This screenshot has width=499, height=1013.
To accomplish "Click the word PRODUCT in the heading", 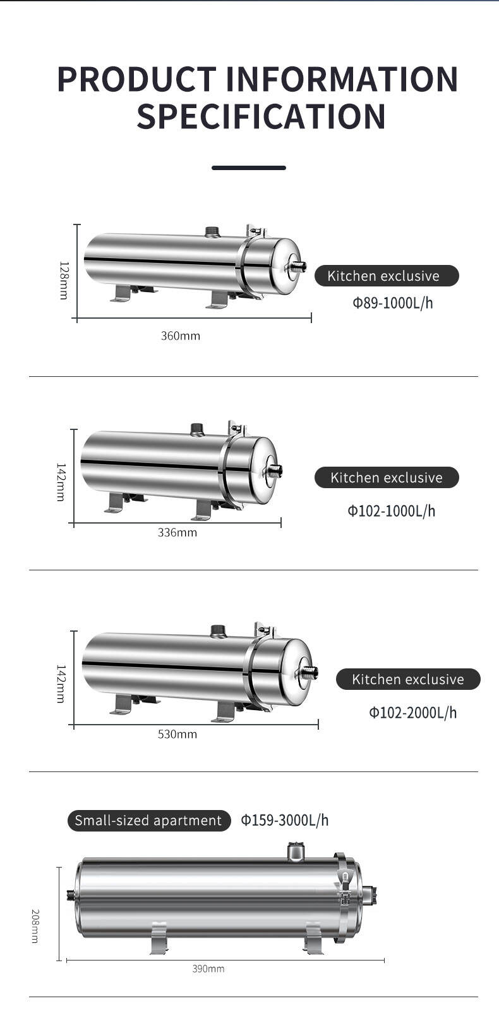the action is tap(137, 79).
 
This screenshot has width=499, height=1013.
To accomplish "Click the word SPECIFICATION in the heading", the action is tap(261, 116).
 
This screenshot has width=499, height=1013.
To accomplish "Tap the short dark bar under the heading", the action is tap(249, 168).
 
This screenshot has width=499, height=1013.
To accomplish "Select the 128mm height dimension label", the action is tap(64, 280).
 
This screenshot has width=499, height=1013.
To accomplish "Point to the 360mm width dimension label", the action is tap(181, 336).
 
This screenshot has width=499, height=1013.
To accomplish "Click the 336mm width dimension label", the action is tap(177, 532).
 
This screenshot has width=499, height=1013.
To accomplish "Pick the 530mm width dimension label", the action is tap(177, 734).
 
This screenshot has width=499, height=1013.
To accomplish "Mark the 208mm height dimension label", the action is tap(35, 926).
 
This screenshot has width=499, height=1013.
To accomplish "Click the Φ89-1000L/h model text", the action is tap(392, 303).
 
